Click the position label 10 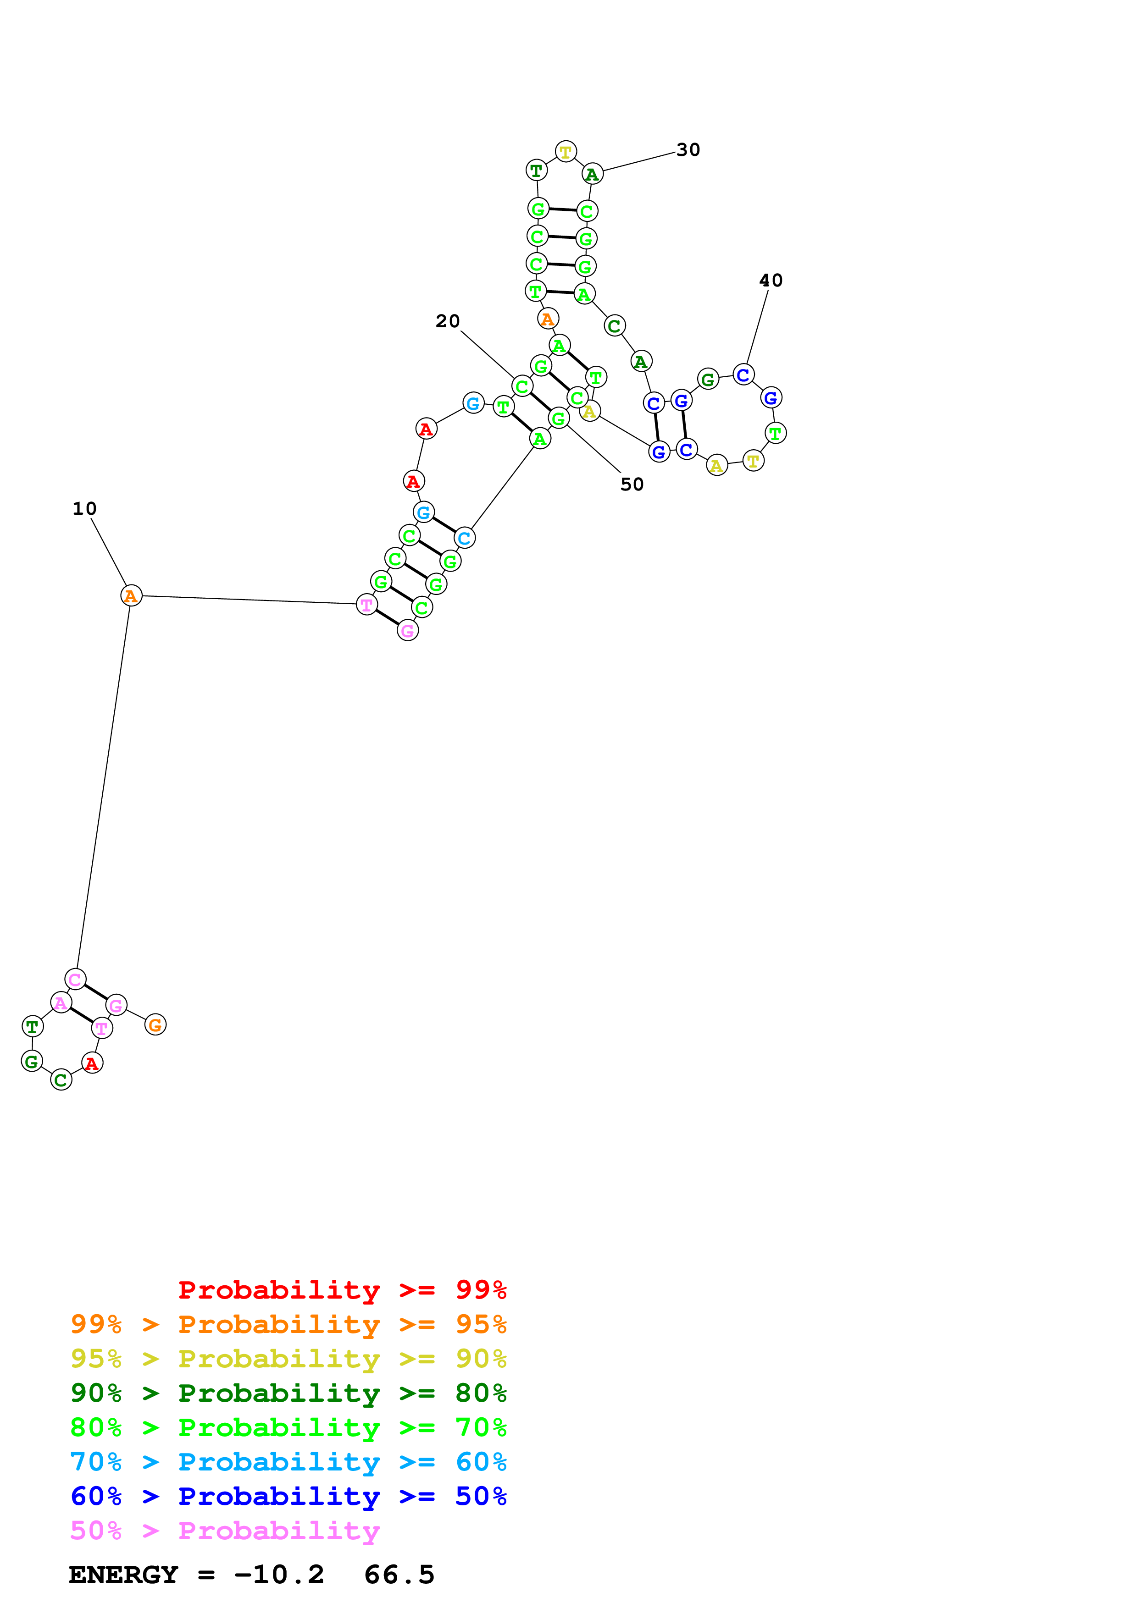pyautogui.click(x=85, y=508)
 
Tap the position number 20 pyautogui.click(x=448, y=321)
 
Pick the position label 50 pyautogui.click(x=632, y=484)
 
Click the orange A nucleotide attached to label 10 pyautogui.click(x=131, y=595)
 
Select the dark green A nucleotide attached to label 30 pyautogui.click(x=593, y=174)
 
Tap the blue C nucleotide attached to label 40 pyautogui.click(x=743, y=374)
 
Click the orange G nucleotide pyautogui.click(x=155, y=1024)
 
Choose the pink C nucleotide pyautogui.click(x=75, y=979)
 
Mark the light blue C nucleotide pyautogui.click(x=465, y=538)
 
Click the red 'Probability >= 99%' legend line pyautogui.click(x=342, y=1290)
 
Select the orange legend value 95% pyautogui.click(x=481, y=1324)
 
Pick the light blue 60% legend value pyautogui.click(x=481, y=1462)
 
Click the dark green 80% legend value pyautogui.click(x=481, y=1393)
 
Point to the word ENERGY pyautogui.click(x=123, y=1575)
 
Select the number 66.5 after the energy pyautogui.click(x=399, y=1575)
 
